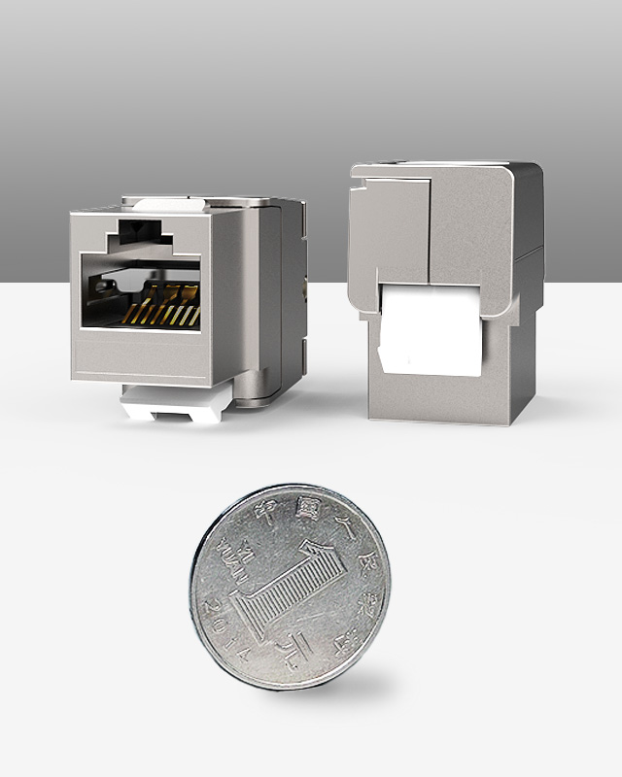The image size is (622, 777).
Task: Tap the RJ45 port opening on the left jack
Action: tap(141, 291)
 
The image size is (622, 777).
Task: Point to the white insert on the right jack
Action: tap(428, 330)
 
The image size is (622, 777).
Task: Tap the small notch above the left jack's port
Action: tap(138, 234)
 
